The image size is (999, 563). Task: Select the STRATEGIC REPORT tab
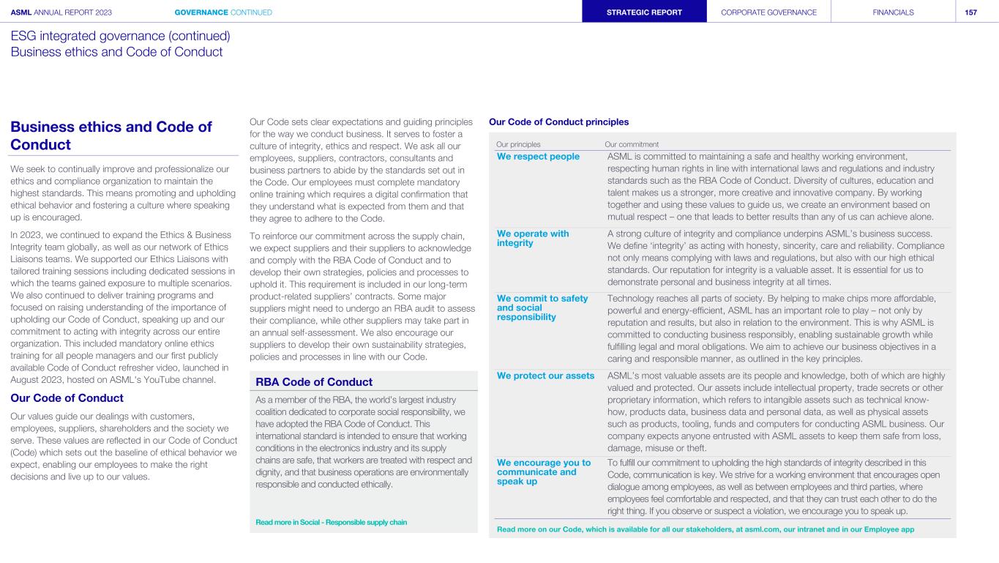644,12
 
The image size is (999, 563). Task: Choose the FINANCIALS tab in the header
893,12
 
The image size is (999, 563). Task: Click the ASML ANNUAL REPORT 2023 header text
61,12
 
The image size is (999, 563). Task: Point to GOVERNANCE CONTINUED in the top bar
223,12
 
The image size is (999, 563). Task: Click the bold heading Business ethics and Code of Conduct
111,135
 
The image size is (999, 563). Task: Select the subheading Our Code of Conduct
67,398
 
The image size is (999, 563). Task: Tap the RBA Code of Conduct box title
314,381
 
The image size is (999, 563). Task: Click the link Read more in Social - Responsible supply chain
331,522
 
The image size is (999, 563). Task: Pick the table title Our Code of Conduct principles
558,122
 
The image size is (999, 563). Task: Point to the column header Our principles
518,144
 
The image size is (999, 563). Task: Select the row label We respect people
538,157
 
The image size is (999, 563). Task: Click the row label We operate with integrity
532,238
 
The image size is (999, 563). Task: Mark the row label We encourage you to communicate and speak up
543,472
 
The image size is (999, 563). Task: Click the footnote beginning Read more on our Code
705,529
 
